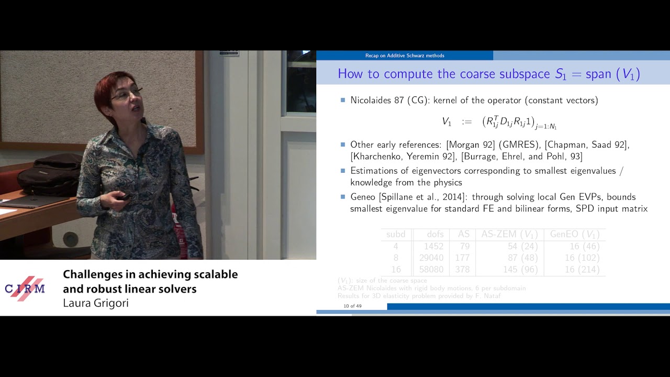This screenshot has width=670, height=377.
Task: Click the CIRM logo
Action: point(25,289)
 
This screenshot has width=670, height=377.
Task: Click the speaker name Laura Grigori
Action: point(95,303)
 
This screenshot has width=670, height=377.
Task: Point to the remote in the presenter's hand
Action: point(125,197)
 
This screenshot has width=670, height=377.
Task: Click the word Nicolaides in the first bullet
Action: point(371,100)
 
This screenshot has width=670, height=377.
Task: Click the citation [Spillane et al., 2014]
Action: point(434,197)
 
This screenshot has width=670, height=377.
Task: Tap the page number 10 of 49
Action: point(352,306)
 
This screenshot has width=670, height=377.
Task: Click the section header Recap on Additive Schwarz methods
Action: point(405,56)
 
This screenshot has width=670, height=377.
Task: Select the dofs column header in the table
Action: point(434,234)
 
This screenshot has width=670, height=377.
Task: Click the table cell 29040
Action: point(431,258)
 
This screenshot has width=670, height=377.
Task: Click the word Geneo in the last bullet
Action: point(364,197)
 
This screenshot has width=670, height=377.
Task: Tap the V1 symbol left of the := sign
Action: point(446,121)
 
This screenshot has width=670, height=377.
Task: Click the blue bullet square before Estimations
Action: point(343,170)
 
